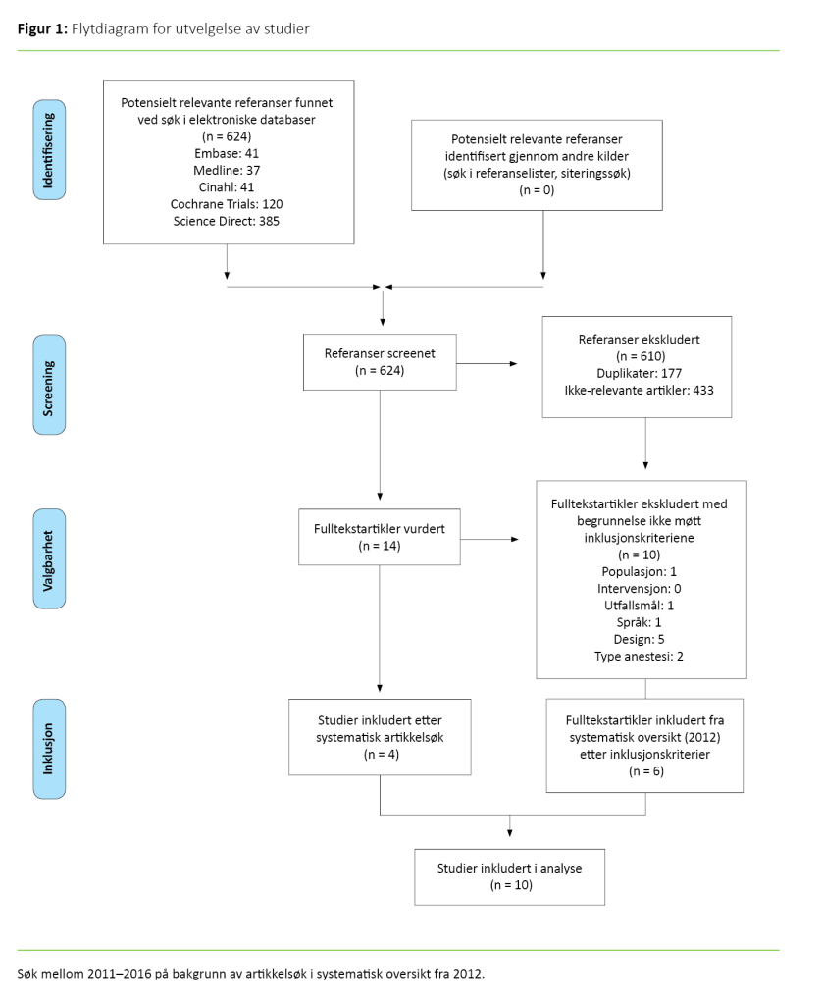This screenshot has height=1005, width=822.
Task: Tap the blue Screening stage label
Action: [50, 384]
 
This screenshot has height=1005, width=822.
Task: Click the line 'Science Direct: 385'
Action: [227, 222]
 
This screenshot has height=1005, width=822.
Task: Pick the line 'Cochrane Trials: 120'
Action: [227, 204]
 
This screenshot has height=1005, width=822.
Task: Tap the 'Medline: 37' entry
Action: [227, 171]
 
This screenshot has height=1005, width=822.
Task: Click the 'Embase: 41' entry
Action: [227, 154]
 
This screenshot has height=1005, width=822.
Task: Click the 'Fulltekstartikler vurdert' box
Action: [380, 537]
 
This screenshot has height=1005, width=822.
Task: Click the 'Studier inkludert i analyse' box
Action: [509, 876]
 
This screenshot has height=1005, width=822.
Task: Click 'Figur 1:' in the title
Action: [42, 29]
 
